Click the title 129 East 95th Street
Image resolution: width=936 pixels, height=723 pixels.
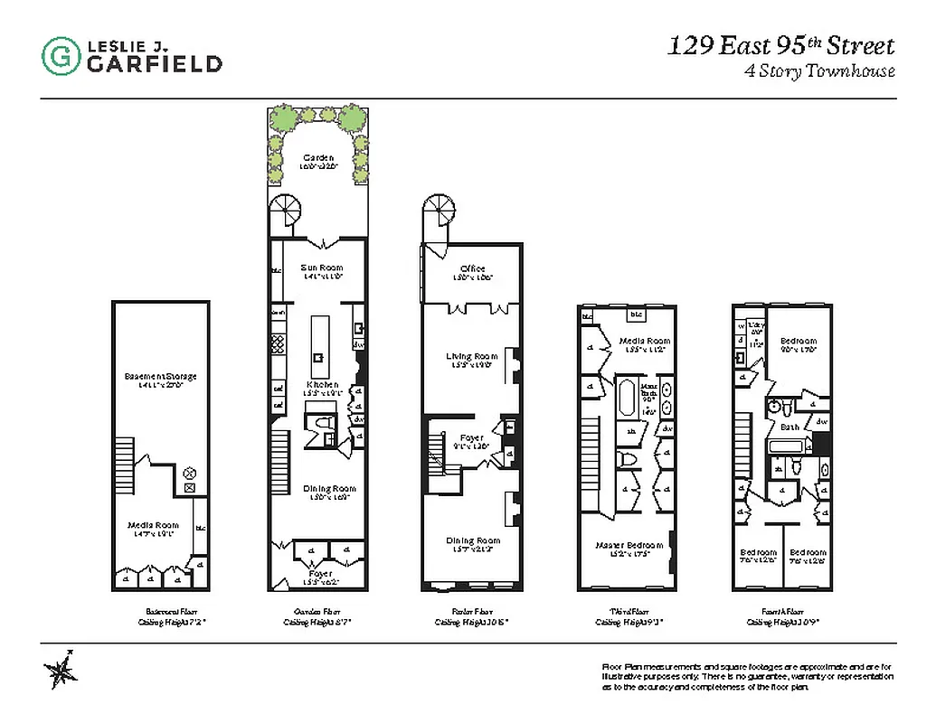point(780,46)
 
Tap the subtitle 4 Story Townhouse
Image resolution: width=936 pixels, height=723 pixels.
point(818,71)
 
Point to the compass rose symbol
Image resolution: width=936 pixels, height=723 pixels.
point(61,670)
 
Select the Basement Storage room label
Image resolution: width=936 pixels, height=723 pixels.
point(161,376)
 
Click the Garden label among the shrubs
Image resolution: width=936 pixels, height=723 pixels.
point(318,158)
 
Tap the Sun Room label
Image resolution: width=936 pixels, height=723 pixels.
point(321,268)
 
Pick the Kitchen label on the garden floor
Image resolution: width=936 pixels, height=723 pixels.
point(321,385)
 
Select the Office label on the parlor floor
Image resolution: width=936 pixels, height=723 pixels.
point(472,268)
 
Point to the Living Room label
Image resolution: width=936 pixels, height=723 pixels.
point(471,356)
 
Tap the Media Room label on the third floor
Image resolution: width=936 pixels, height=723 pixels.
point(643,342)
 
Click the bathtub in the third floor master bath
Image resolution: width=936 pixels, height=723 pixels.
point(626,399)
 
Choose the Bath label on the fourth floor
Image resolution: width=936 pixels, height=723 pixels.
point(789,427)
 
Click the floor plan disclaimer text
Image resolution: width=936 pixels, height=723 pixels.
point(747,676)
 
